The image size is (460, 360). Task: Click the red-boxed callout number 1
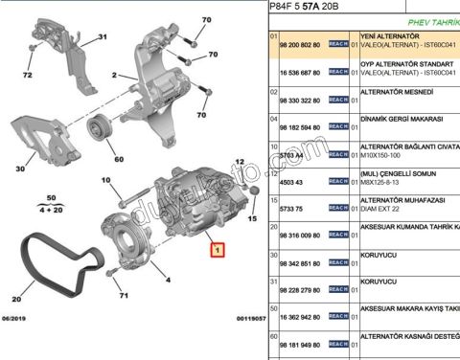coord(218,252)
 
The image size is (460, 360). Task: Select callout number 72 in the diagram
coord(28,74)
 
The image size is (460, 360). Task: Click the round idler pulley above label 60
coord(100,126)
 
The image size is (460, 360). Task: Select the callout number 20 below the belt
coord(16,297)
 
